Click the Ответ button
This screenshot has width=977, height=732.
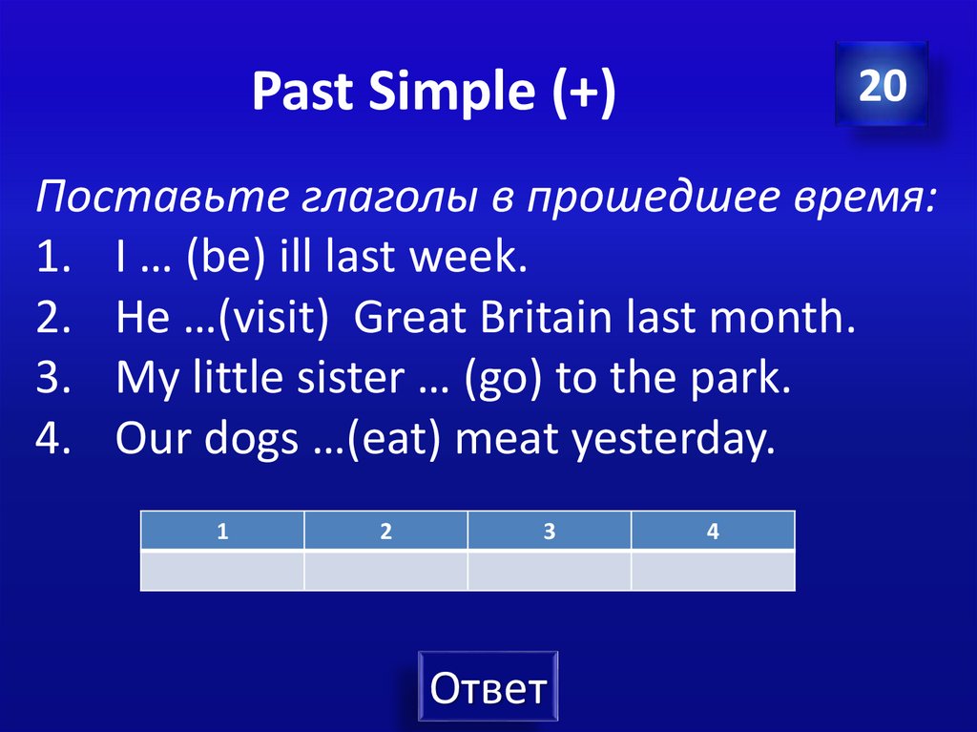tap(488, 687)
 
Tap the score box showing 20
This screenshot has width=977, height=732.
tap(881, 86)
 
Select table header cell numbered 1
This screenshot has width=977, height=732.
tap(222, 532)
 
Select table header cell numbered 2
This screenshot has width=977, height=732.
tap(385, 532)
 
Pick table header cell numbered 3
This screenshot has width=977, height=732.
tap(549, 532)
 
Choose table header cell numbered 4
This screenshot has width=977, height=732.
tap(712, 532)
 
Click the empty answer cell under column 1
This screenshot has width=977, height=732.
tap(222, 571)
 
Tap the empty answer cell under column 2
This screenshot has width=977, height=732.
tap(385, 571)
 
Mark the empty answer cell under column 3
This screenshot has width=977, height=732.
tap(549, 571)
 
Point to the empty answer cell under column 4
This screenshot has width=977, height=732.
tap(712, 571)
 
